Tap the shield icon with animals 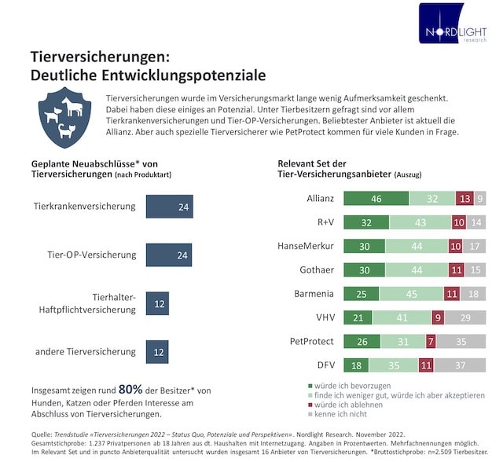click(x=61, y=117)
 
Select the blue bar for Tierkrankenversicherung click(x=169, y=207)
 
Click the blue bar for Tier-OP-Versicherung click(x=169, y=255)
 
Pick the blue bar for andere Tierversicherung click(x=158, y=351)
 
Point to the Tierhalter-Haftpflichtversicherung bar click(x=158, y=303)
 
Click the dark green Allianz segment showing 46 click(x=377, y=199)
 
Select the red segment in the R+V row click(x=459, y=222)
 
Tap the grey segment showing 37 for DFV click(x=460, y=366)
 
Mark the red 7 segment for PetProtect click(x=430, y=342)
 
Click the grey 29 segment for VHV click(x=464, y=318)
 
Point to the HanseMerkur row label click(x=306, y=246)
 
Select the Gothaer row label click(x=317, y=269)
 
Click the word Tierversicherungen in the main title click(x=97, y=57)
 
